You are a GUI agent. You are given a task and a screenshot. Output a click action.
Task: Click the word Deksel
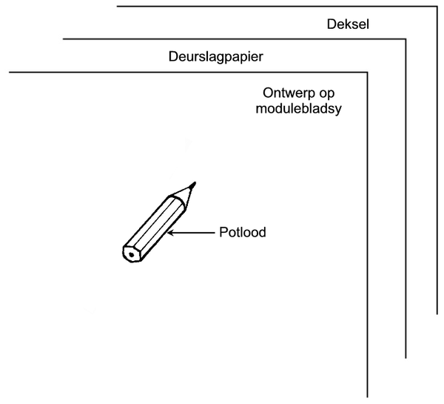click(348, 24)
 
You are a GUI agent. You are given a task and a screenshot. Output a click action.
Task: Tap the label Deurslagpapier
click(216, 57)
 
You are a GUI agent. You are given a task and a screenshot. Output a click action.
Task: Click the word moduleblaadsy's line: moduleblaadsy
click(298, 109)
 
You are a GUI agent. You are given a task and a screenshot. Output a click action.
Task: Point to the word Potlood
click(243, 232)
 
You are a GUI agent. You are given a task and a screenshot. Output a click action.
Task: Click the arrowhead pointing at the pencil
click(170, 233)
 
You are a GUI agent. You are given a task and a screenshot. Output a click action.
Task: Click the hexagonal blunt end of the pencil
click(132, 254)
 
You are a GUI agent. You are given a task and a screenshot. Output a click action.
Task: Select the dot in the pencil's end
click(132, 255)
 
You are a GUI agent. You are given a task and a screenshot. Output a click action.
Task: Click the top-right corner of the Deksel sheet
click(437, 6)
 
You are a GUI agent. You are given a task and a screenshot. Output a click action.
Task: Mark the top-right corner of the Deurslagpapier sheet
click(406, 39)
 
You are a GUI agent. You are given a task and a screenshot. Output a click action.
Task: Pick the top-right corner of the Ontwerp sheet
click(368, 73)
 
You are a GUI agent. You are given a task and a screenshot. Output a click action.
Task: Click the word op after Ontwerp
click(327, 93)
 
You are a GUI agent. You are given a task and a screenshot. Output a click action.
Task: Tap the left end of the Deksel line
click(117, 6)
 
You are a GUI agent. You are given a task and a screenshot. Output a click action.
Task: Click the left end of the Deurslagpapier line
click(63, 39)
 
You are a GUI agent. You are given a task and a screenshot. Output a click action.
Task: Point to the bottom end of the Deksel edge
click(437, 314)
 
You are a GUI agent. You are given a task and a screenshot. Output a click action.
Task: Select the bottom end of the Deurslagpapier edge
click(406, 358)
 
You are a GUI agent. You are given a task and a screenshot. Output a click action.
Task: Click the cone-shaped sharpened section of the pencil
click(184, 196)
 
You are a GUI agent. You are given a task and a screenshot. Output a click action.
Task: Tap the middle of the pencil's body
click(155, 228)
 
